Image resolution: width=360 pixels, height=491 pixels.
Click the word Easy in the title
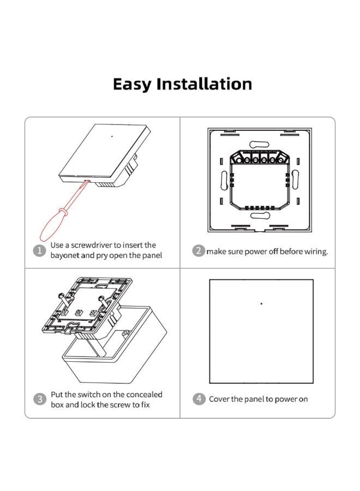point(132,85)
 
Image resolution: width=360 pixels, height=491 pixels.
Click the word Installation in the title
point(204,83)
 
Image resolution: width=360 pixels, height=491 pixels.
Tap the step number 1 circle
point(39,250)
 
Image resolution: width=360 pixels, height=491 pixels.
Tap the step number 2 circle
point(199,251)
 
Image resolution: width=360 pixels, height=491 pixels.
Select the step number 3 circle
point(40,399)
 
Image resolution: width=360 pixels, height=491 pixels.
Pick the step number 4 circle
point(199,399)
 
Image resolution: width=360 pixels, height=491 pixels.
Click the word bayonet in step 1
point(64,255)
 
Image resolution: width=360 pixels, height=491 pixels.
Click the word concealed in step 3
point(145,394)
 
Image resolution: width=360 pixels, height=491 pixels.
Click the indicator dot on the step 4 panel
point(261,303)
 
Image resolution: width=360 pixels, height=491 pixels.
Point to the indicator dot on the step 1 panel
point(112,136)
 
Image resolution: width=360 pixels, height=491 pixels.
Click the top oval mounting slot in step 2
point(259,145)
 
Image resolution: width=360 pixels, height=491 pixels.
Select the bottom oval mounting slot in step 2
point(260,215)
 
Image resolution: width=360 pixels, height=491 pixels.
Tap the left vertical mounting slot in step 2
point(224,180)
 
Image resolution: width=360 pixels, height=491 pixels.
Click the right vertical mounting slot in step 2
point(295,179)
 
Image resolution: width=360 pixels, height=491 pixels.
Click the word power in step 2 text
point(254,252)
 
